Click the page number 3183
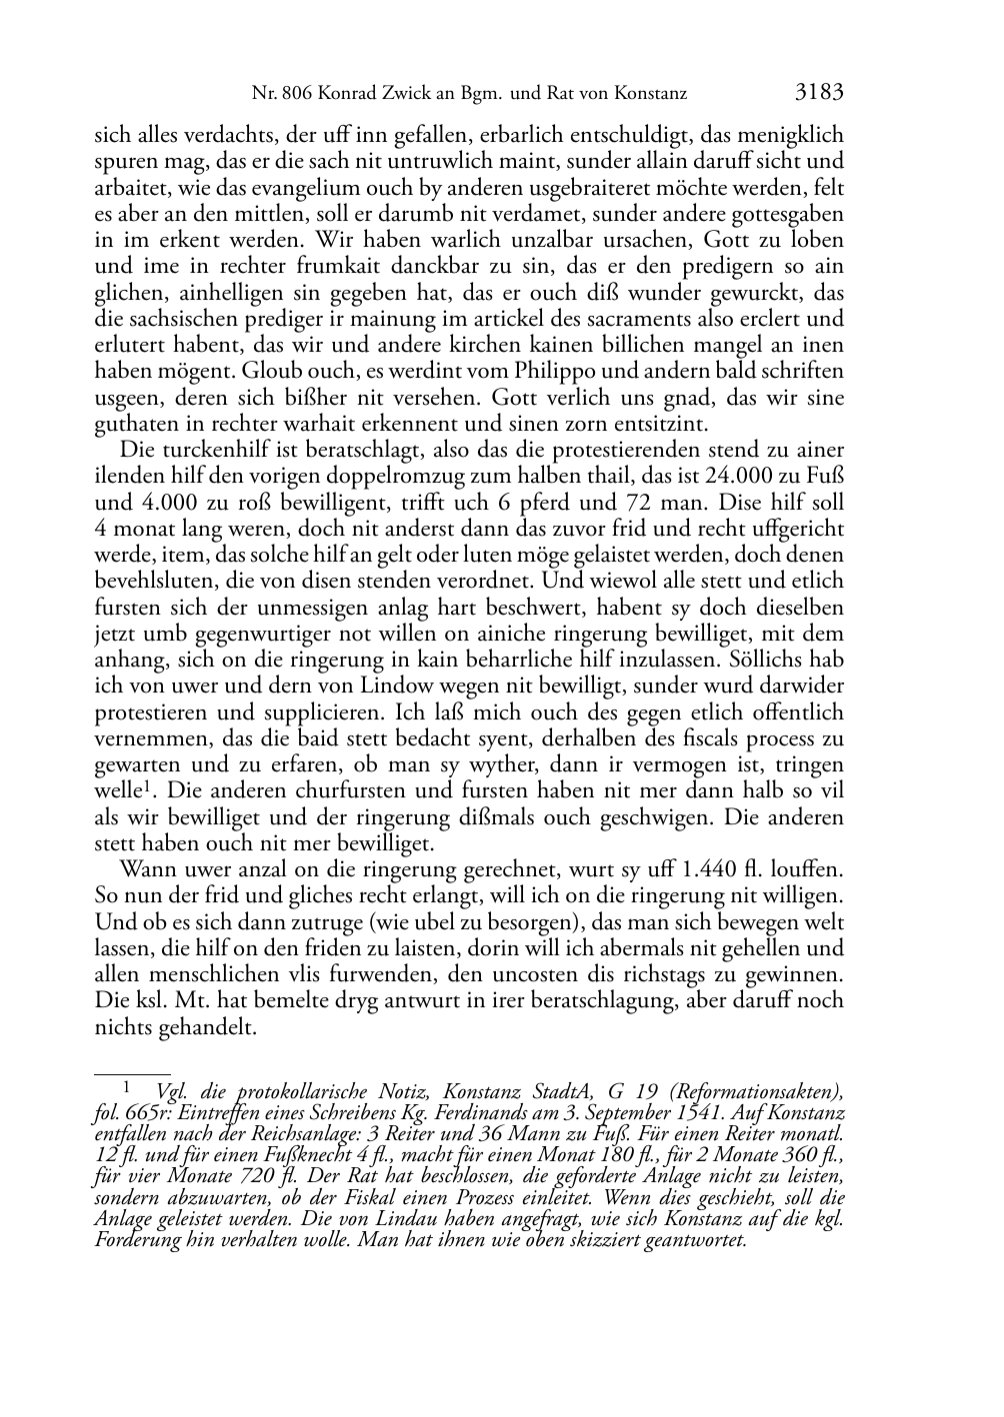[820, 94]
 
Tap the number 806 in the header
[296, 96]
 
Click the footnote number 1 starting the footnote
[127, 1085]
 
